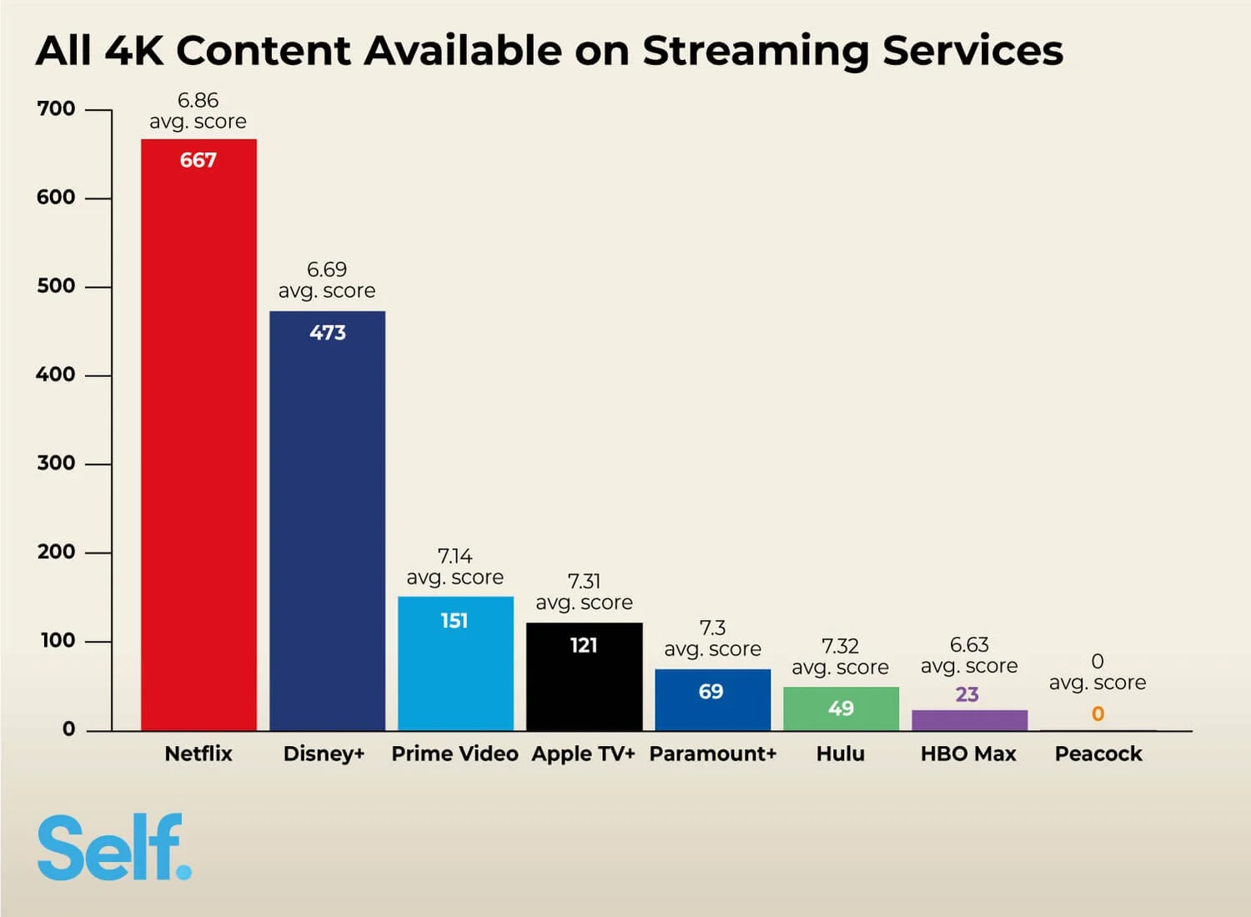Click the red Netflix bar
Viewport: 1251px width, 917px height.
198,434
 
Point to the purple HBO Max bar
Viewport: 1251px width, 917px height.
969,720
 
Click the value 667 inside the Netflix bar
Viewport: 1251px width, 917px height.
198,160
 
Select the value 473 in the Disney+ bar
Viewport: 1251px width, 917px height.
327,333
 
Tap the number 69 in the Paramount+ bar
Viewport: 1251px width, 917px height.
711,692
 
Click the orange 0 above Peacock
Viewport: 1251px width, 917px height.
1098,714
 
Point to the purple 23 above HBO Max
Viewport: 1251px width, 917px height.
967,694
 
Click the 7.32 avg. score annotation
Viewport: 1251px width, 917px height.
841,657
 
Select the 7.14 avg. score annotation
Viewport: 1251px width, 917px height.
455,567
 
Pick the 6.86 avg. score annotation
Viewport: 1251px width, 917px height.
198,111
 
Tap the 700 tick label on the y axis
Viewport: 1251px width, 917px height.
56,109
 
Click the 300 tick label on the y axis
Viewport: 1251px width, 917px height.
56,464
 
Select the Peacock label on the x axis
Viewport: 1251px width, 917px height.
1098,753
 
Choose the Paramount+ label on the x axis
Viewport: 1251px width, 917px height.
713,753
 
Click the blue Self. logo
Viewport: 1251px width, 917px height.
114,848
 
